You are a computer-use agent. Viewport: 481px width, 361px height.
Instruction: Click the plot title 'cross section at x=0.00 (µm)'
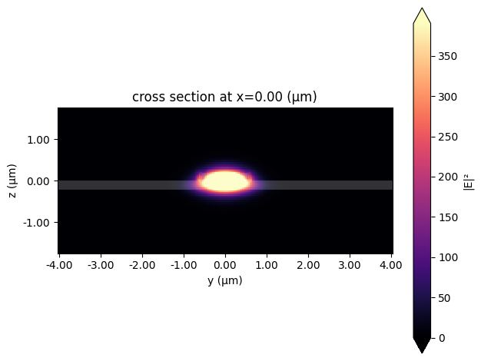pos(224,97)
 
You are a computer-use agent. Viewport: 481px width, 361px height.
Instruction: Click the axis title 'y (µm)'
pos(225,280)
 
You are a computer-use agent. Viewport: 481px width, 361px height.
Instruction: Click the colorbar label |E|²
pos(469,181)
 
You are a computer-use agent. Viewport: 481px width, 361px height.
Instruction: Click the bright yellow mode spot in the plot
pos(225,180)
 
